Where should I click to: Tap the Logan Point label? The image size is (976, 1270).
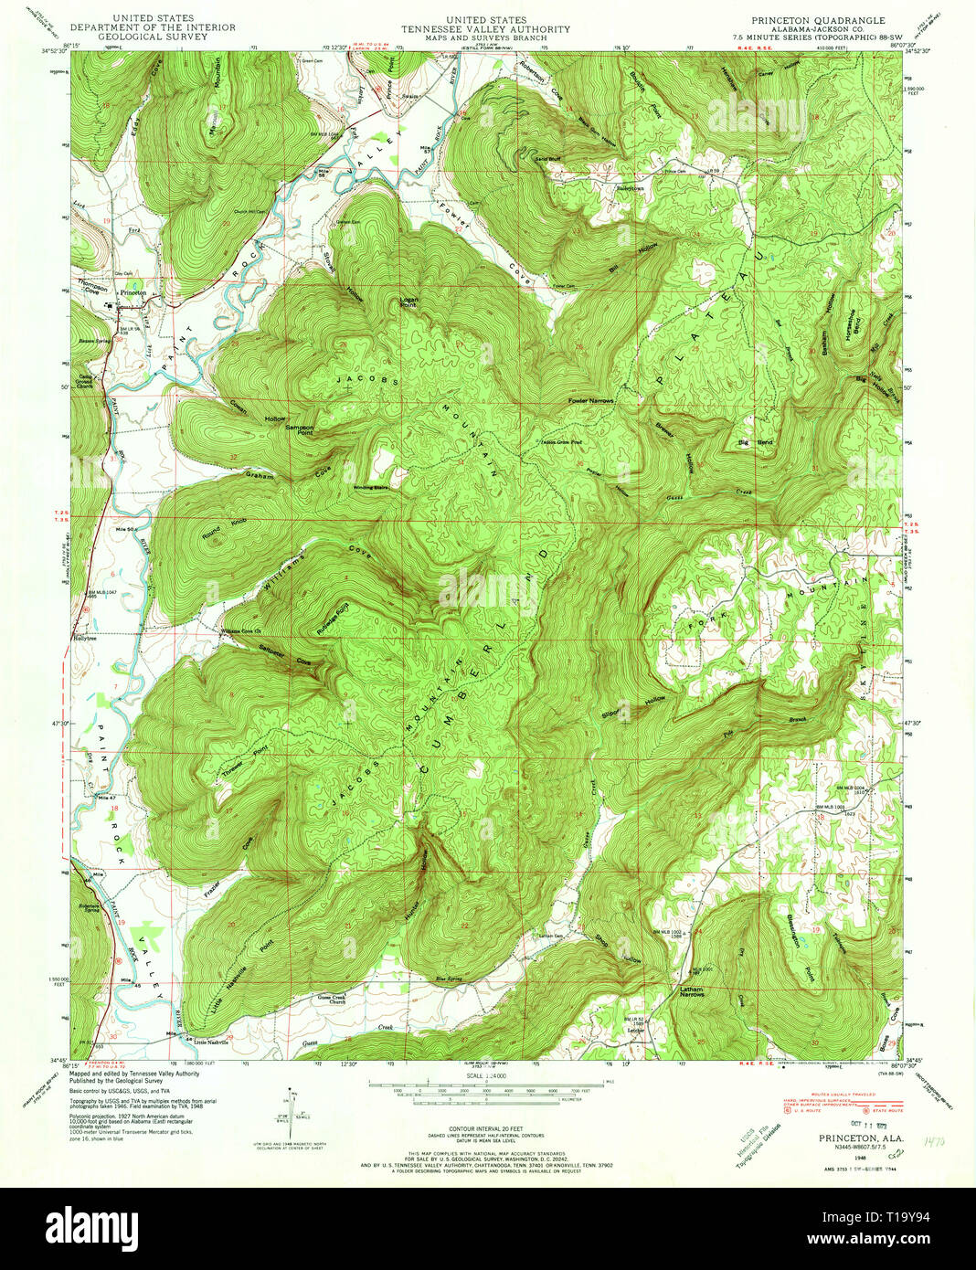[408, 302]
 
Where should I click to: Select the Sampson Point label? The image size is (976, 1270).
[300, 429]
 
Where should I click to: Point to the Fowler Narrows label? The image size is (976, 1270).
[589, 401]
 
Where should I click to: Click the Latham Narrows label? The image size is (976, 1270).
[691, 991]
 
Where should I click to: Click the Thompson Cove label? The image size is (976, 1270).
[92, 286]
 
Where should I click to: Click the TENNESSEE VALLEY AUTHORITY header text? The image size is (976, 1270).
[486, 28]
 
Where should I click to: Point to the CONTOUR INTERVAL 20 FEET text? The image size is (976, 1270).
[486, 1129]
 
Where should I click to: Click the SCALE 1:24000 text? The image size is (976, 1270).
[486, 1075]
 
